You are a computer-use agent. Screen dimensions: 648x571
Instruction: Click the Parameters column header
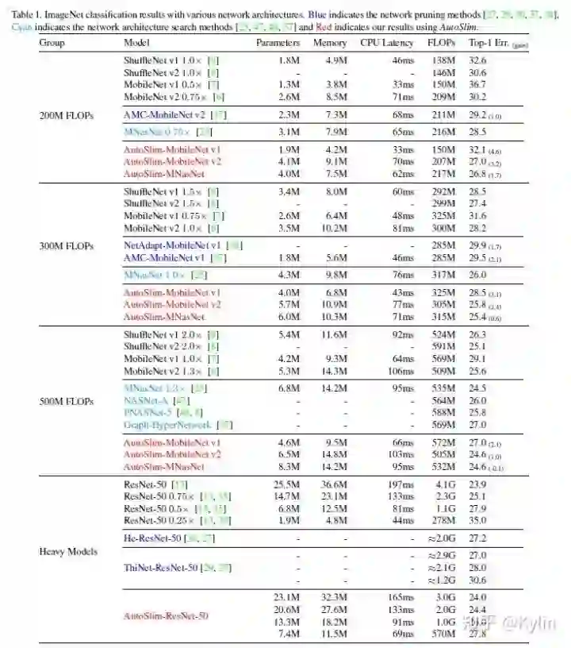pos(278,42)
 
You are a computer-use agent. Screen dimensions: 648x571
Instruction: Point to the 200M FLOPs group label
pos(66,115)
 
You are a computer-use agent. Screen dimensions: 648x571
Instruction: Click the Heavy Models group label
pos(69,551)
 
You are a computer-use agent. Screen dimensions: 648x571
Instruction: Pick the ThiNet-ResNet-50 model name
pos(165,568)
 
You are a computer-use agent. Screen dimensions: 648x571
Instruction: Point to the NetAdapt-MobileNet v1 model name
pos(176,245)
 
